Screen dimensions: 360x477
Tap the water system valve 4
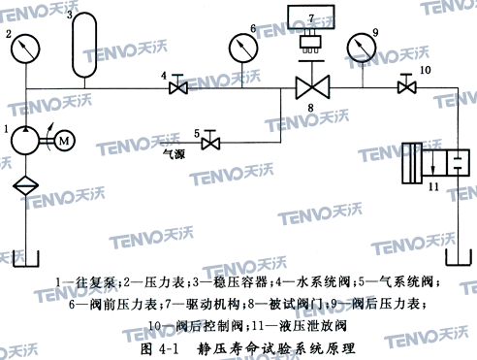click(x=177, y=88)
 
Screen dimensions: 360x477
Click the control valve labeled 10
click(x=405, y=88)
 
